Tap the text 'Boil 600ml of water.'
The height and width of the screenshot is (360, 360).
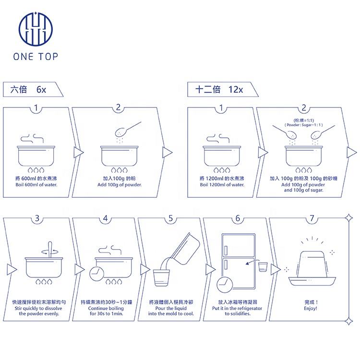pos(37,184)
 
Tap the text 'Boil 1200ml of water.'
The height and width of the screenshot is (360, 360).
pos(221,184)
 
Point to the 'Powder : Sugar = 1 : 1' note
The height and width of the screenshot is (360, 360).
pos(303,125)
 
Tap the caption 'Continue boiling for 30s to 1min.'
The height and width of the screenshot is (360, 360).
pos(106,310)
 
